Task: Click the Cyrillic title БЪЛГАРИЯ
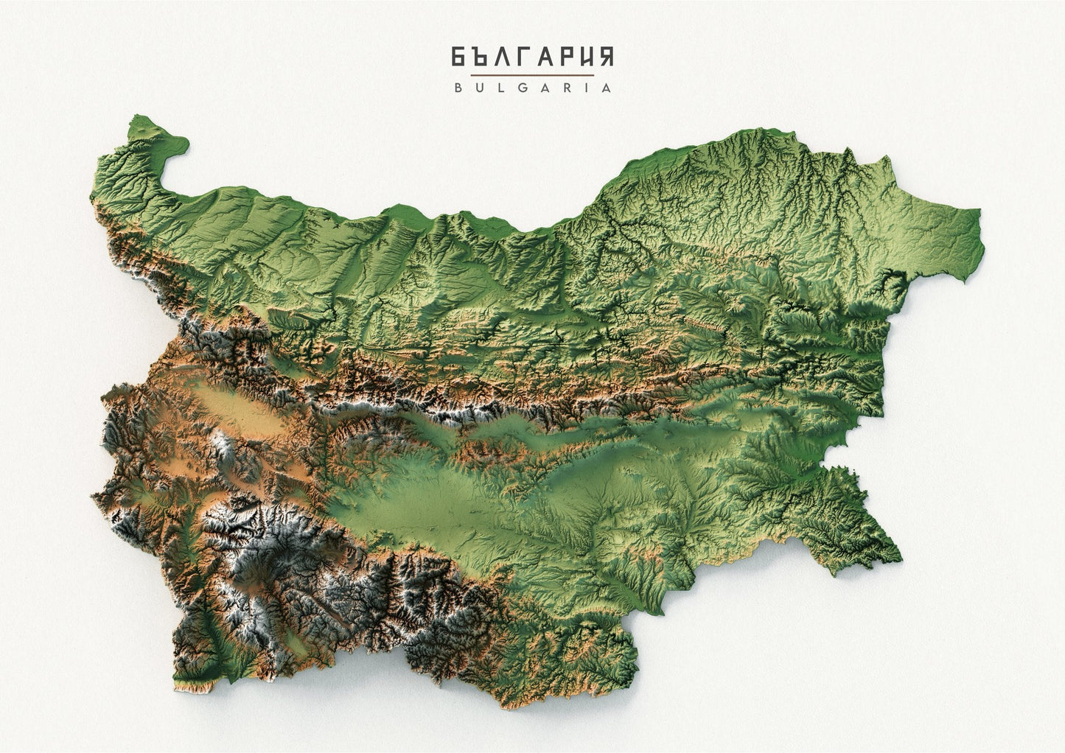click(x=532, y=57)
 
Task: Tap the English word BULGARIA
click(x=532, y=87)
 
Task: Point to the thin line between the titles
click(x=532, y=74)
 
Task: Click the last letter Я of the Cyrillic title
click(x=605, y=57)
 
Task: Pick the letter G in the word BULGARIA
click(x=520, y=87)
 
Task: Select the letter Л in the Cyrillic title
click(x=499, y=57)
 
